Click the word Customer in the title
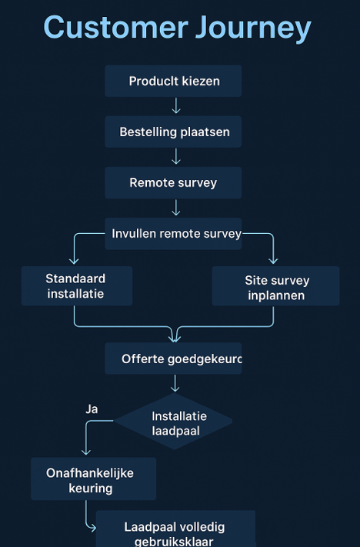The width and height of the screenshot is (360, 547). coord(105,28)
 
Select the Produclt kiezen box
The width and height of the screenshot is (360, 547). coord(173,81)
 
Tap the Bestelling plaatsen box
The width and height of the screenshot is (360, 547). coord(173,132)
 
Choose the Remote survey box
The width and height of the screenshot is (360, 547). coord(173,183)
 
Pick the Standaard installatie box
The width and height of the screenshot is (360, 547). coord(76,285)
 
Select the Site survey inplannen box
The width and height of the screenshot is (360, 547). coord(275,286)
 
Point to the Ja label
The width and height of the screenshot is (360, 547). coord(92,409)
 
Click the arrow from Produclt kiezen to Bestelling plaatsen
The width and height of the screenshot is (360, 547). coord(176,106)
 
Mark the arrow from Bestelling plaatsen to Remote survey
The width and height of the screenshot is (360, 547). coord(176,157)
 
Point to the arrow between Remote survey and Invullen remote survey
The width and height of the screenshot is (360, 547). coord(176,208)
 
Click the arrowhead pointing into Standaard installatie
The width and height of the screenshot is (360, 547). coord(75,261)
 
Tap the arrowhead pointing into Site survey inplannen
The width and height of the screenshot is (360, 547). coord(273,261)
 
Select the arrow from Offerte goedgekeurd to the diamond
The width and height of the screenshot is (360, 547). coord(176,383)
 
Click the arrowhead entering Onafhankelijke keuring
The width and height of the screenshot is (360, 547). coord(85,452)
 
